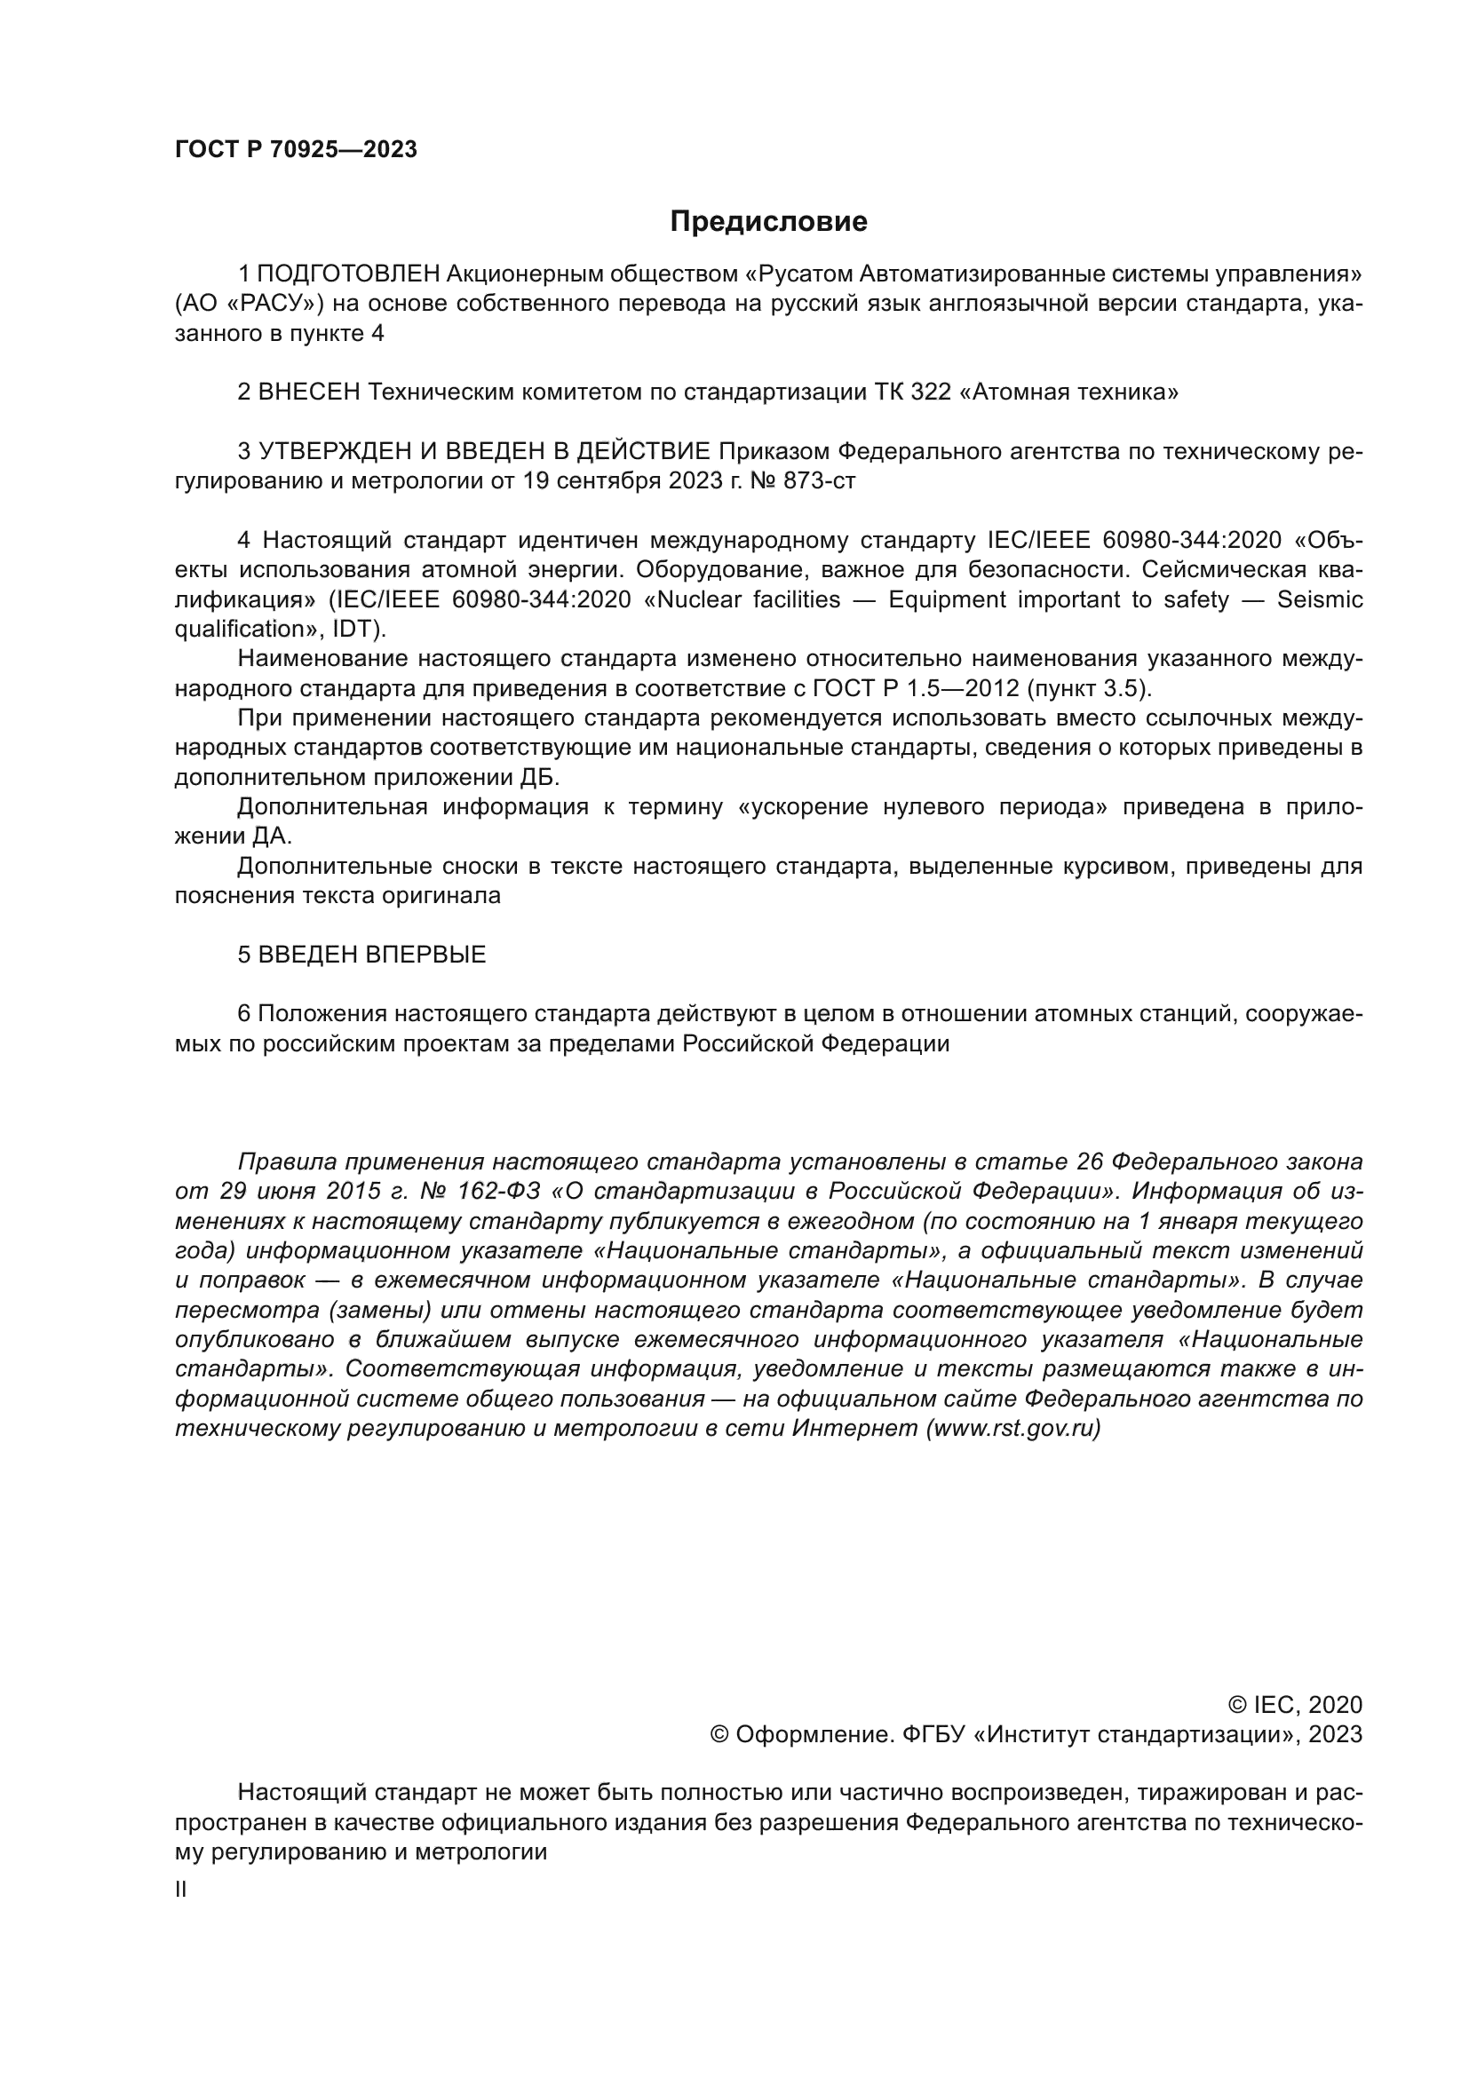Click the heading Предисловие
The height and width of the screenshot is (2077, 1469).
[768, 222]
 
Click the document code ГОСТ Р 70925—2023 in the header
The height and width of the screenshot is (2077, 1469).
[296, 150]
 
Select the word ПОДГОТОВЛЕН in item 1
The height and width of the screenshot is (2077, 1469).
[349, 273]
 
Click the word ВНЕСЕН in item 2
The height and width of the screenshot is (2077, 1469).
[309, 392]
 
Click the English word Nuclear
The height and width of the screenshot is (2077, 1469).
[704, 599]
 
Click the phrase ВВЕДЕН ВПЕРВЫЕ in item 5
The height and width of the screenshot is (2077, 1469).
[372, 955]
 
